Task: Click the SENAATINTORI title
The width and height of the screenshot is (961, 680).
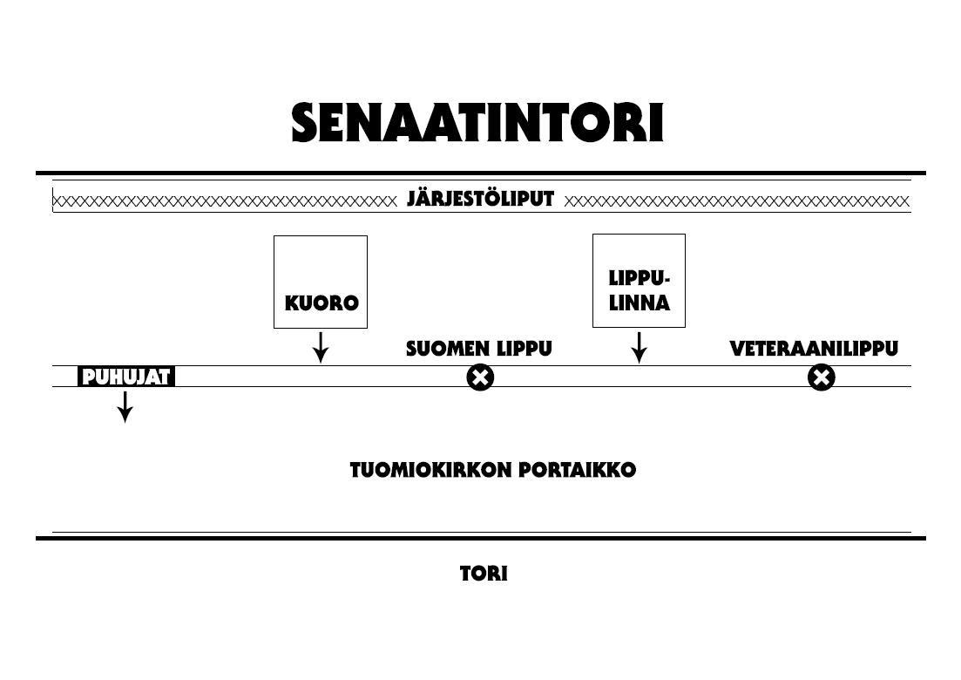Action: (477, 124)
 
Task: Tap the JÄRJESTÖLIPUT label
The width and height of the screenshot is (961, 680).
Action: (480, 200)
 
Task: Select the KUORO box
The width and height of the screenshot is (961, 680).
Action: (321, 282)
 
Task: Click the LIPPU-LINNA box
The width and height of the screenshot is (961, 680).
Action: (639, 281)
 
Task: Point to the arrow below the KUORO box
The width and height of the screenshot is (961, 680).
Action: (321, 347)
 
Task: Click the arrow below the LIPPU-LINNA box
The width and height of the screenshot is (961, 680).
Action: (639, 347)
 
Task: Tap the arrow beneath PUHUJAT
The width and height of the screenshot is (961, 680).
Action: (125, 406)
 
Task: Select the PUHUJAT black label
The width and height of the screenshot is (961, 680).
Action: (126, 377)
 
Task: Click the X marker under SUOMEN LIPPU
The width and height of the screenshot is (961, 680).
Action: (480, 377)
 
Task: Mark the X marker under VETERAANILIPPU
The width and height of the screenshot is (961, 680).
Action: (821, 377)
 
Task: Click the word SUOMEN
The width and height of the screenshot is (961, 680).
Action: (448, 350)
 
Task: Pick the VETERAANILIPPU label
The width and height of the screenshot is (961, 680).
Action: (813, 350)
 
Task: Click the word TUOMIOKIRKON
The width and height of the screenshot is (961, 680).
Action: (431, 471)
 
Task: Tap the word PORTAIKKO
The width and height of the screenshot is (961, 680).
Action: (578, 471)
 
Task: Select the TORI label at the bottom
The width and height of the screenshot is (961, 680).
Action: (484, 575)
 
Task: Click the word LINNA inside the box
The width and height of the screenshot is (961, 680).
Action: (639, 304)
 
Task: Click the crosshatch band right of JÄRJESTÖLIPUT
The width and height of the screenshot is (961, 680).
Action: (736, 201)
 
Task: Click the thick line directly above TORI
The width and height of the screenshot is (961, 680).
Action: (480, 539)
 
